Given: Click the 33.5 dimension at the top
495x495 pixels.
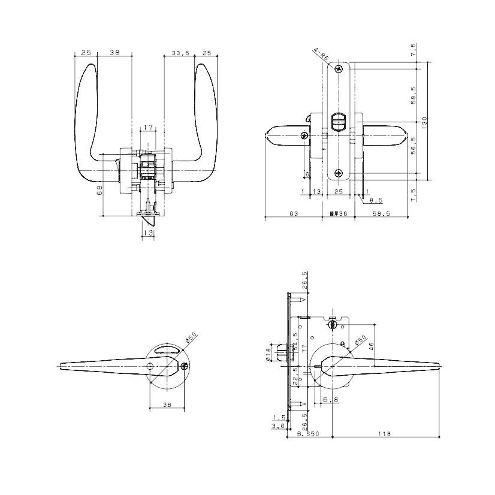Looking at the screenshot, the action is tap(180, 53).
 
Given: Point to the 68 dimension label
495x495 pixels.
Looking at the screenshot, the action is tap(100, 190).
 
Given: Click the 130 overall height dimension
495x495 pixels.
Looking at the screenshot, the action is tap(424, 122).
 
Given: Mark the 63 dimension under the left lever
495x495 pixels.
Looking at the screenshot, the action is tap(294, 213).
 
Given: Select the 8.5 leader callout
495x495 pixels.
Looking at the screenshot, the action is tap(376, 200).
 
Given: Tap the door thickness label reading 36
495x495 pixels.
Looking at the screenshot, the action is tap(339, 213).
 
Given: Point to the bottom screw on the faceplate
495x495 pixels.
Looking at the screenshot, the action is tap(339, 174).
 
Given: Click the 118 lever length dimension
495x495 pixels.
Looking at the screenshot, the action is tap(381, 434).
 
